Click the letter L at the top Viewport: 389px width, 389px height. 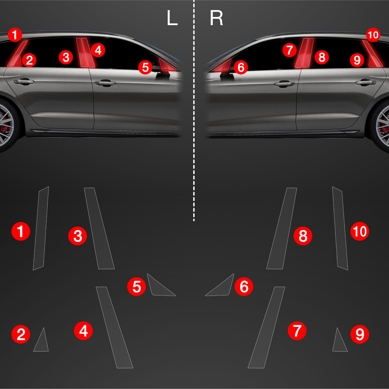pyautogui.click(x=172, y=18)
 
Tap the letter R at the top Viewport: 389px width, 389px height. pyautogui.click(x=217, y=18)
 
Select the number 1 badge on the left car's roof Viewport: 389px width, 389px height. pyautogui.click(x=15, y=35)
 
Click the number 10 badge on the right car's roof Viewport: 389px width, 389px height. pyautogui.click(x=373, y=35)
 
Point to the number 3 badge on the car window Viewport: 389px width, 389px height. pyautogui.click(x=66, y=57)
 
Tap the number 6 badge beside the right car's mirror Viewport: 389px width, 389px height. pyautogui.click(x=241, y=67)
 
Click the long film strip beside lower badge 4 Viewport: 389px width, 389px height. pyautogui.click(x=114, y=327)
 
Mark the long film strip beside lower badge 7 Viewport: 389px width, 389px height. pyautogui.click(x=266, y=327)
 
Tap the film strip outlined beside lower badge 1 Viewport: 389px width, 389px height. pyautogui.click(x=41, y=228)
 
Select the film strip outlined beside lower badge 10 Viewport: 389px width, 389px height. pyautogui.click(x=340, y=228)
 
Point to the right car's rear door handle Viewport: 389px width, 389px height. pyautogui.click(x=366, y=82)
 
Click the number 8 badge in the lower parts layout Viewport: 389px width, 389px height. pyautogui.click(x=303, y=236)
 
